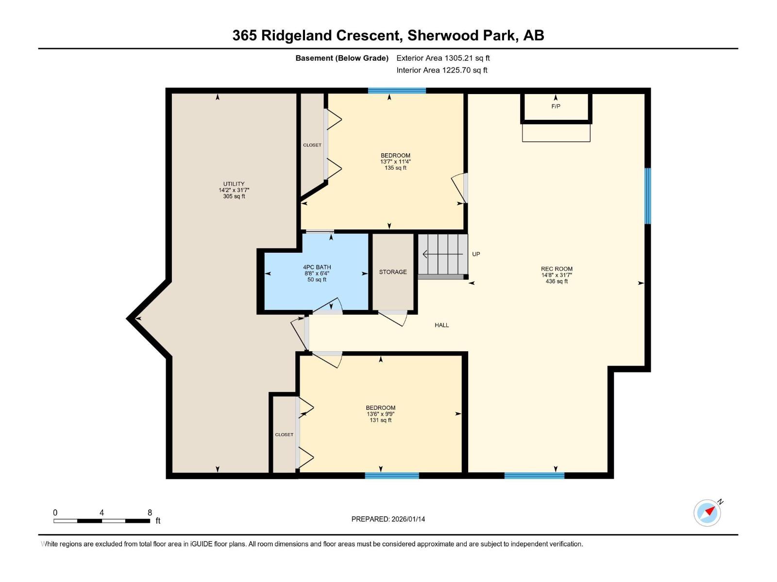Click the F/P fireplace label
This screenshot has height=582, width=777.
(x=556, y=106)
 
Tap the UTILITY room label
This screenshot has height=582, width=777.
(x=234, y=184)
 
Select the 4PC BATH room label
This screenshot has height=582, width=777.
(x=317, y=267)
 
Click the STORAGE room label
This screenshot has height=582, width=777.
(x=393, y=272)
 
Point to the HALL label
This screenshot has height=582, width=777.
(x=441, y=325)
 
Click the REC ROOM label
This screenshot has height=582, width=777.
(x=557, y=269)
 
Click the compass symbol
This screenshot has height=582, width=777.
(x=707, y=513)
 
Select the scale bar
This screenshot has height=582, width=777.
(x=101, y=521)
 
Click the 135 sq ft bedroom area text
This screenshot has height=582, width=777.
(x=395, y=168)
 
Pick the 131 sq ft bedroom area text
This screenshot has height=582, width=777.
(x=380, y=420)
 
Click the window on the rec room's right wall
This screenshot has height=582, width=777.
(x=647, y=196)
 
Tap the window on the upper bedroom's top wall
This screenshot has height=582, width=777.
(x=397, y=91)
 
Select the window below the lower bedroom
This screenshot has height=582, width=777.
(x=391, y=476)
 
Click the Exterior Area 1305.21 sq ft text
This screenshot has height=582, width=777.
(x=443, y=58)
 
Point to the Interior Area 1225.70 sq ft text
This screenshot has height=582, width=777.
(x=441, y=70)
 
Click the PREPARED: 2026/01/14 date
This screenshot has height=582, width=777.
(x=388, y=519)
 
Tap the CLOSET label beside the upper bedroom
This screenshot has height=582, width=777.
(x=312, y=145)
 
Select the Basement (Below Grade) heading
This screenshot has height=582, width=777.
(x=342, y=58)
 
